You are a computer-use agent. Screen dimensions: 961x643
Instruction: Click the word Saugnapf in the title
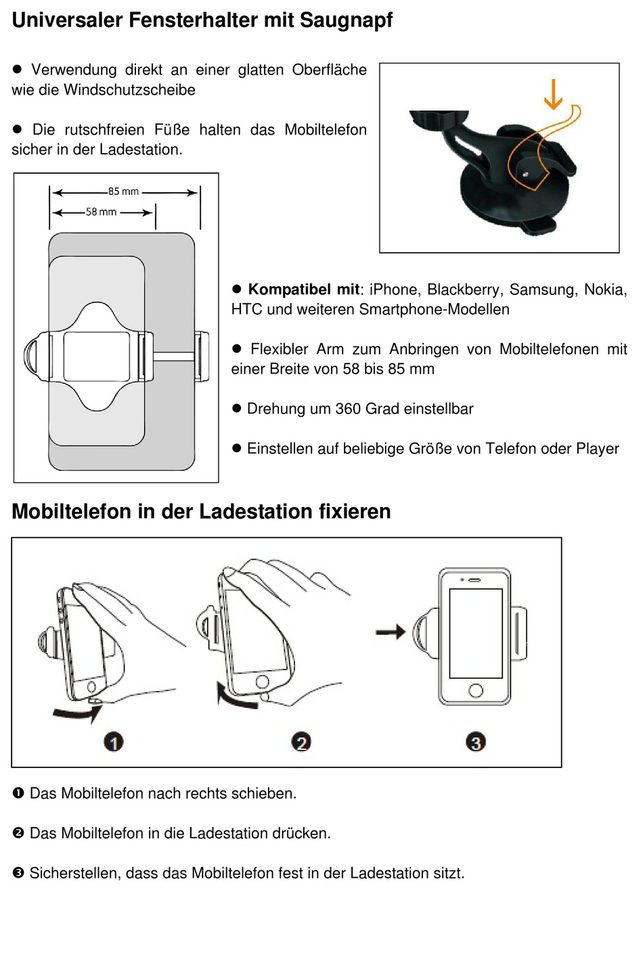(x=345, y=20)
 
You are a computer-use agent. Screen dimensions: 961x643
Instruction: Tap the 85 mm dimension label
(x=123, y=192)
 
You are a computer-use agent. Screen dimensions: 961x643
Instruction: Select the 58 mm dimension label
(x=101, y=212)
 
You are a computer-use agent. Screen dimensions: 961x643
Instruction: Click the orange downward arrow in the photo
(x=553, y=94)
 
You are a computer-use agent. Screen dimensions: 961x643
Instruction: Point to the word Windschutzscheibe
(x=129, y=90)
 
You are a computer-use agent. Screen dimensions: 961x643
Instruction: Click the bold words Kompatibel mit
(x=303, y=290)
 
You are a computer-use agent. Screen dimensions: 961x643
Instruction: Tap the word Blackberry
(x=464, y=290)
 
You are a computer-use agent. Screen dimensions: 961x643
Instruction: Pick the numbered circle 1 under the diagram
(x=114, y=742)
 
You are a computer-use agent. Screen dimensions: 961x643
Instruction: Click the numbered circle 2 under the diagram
(x=301, y=742)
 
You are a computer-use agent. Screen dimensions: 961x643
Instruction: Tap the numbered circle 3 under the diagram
(x=476, y=742)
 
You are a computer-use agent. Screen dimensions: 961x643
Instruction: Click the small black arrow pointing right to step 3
(x=391, y=632)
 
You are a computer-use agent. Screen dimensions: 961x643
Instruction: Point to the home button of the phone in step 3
(x=476, y=690)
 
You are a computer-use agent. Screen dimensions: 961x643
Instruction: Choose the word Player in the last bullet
(x=597, y=449)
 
